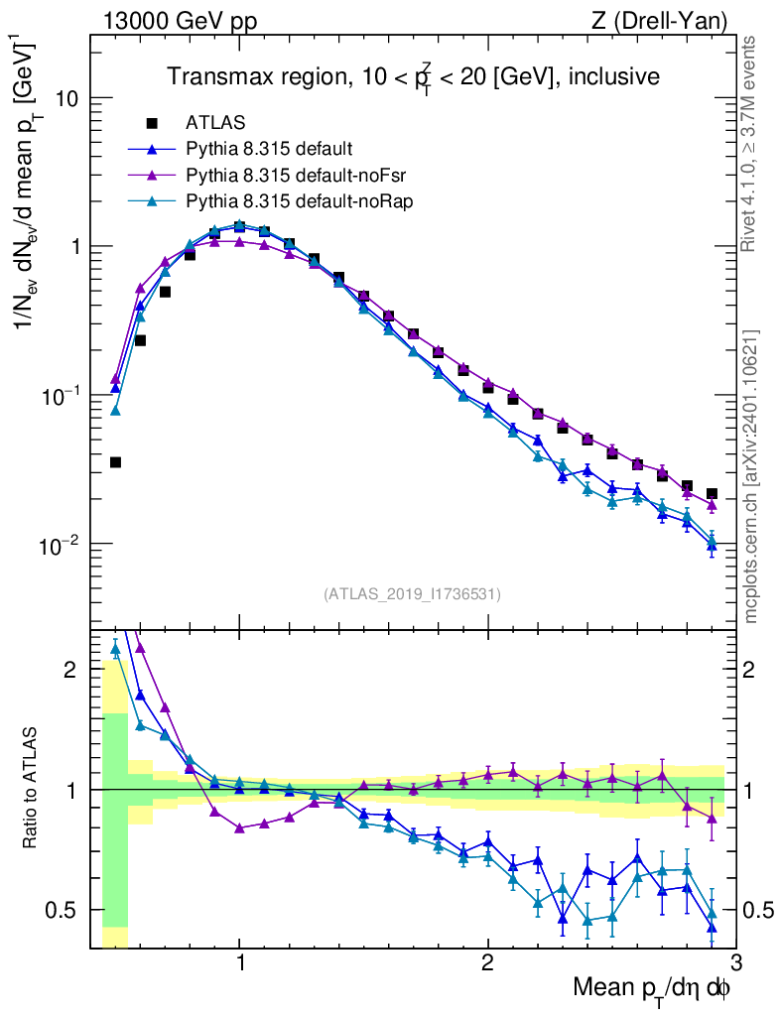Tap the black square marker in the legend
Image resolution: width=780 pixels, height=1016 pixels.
[x=152, y=123]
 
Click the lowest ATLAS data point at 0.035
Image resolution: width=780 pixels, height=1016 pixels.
[x=115, y=462]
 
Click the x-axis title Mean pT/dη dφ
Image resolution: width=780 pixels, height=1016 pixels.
[x=652, y=989]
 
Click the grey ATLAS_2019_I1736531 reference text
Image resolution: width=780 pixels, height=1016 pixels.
[x=412, y=594]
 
